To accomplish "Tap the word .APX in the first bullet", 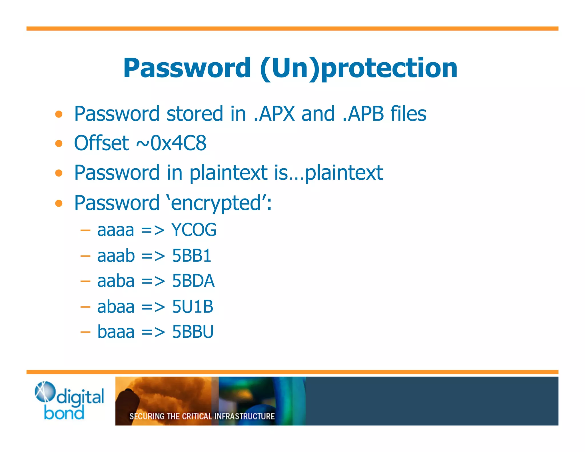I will point(274,114).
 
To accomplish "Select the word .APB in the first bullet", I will point(363,114).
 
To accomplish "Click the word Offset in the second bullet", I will point(101,143).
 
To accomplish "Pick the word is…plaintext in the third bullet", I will point(328,173).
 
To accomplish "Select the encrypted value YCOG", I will point(194,230).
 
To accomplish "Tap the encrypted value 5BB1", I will point(191,255).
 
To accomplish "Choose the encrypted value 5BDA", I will point(193,281).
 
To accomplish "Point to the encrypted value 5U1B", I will point(193,307).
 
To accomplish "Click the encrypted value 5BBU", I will point(193,332).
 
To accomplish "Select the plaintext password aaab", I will point(116,255).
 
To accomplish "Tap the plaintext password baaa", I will point(116,332).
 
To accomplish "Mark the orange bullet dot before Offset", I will point(59,143).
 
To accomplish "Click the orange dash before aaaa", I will point(85,230).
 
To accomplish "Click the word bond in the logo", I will point(64,413).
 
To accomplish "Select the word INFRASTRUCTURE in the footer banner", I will point(245,416).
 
